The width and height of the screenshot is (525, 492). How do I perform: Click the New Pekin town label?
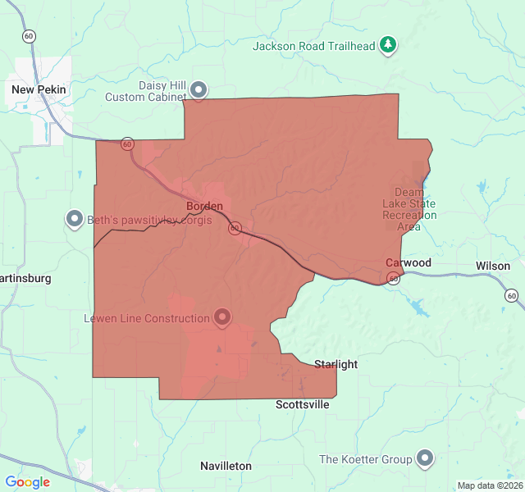39,89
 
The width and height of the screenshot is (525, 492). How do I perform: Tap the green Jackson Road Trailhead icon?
388,45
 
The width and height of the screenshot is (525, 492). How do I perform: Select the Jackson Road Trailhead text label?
313,46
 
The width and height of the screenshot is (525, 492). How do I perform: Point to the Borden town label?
204,206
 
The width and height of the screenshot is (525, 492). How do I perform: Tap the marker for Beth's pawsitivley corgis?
75,219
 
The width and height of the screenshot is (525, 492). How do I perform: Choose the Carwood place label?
409,262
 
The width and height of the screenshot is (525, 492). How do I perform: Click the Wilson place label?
492,266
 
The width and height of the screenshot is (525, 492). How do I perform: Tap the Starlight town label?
336,364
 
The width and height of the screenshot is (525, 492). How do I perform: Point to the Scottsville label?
302,404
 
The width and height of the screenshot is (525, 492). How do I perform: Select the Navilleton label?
226,466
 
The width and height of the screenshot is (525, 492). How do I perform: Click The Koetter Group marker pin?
425,458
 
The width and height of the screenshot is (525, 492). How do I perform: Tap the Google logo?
28,482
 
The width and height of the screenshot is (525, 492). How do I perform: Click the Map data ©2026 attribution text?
489,485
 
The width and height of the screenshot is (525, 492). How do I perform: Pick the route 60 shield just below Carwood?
394,279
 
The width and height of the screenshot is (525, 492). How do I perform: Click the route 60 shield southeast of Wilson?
511,295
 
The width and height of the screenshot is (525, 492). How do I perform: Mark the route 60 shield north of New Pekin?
30,36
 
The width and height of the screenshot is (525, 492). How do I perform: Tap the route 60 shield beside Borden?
235,229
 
